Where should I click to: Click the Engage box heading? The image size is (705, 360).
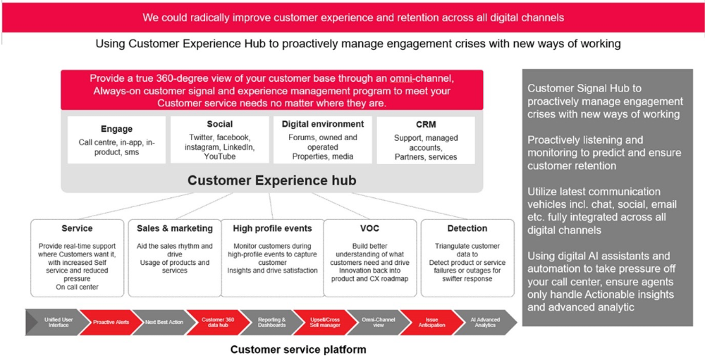click(x=116, y=129)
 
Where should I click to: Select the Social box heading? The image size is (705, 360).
click(x=220, y=124)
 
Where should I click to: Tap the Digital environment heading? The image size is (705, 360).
click(x=323, y=124)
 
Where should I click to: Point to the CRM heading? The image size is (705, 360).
click(x=426, y=125)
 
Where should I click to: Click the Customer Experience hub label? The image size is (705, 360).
click(x=271, y=180)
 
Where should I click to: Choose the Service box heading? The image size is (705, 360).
click(x=77, y=228)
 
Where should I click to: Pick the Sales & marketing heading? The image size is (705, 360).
click(x=175, y=228)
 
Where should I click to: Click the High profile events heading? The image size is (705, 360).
click(x=272, y=228)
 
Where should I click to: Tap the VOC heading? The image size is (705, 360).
click(x=369, y=228)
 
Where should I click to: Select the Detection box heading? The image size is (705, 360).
click(x=467, y=228)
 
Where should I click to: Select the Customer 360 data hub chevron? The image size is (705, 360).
click(x=218, y=322)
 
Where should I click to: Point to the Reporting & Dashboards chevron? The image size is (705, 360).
click(x=271, y=322)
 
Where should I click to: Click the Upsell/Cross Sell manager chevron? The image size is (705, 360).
click(x=325, y=322)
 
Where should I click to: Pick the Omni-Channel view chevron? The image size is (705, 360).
click(x=379, y=322)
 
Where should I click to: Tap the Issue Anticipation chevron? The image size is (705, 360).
click(x=431, y=322)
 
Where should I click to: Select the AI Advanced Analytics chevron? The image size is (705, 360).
click(x=485, y=322)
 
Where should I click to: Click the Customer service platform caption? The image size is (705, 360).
click(x=298, y=349)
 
